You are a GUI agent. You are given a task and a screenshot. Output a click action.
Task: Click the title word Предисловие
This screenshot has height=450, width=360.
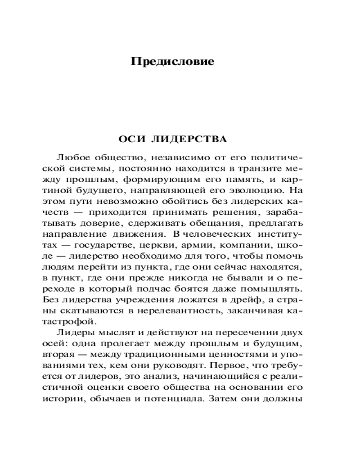pos(172,61)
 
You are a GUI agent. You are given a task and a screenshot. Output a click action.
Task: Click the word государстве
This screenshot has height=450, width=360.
pos(105,246)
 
